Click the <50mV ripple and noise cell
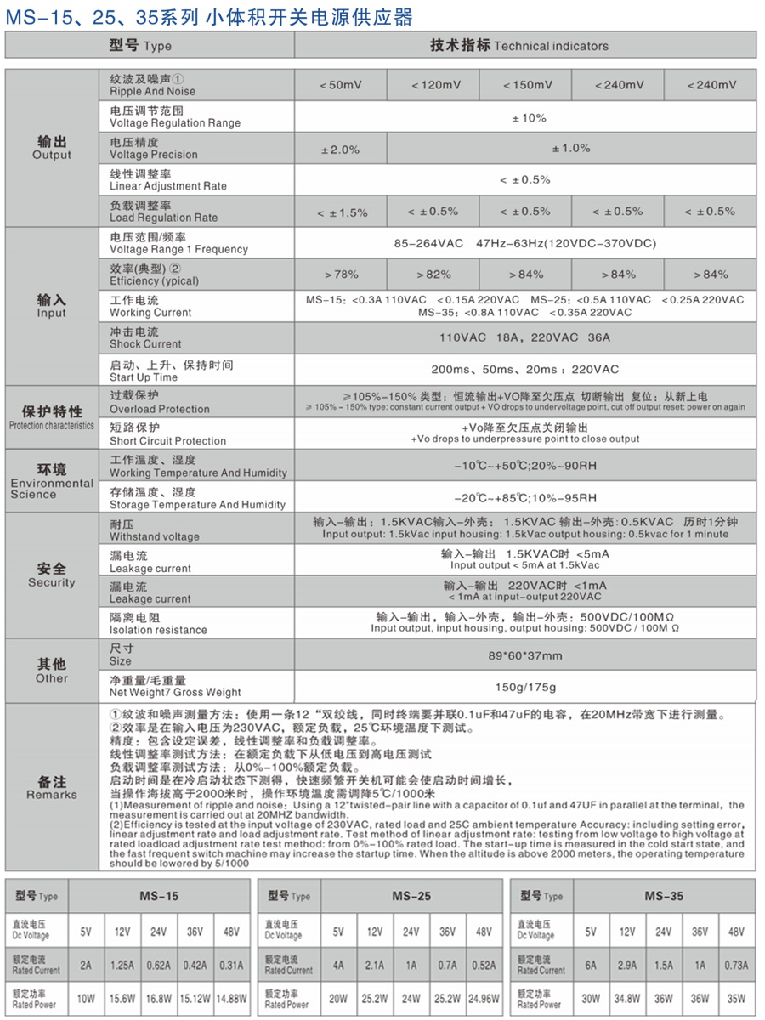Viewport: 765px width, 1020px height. (x=341, y=85)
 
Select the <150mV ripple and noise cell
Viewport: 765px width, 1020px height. (x=526, y=85)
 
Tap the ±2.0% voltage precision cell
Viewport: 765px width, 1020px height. (x=341, y=149)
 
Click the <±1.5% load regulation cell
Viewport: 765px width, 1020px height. (x=341, y=212)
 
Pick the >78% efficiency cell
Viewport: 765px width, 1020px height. (x=341, y=275)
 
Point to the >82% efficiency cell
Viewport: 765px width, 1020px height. (x=433, y=275)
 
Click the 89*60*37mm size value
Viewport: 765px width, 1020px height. (x=524, y=655)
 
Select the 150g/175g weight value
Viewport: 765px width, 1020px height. (x=524, y=687)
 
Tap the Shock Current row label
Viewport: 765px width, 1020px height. (x=145, y=337)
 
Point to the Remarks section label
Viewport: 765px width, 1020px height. (x=52, y=787)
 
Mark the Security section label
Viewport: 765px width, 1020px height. (x=52, y=575)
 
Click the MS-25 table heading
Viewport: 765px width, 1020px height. (x=411, y=896)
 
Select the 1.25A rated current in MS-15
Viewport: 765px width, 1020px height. (x=122, y=966)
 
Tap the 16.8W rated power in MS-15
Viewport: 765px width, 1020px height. (x=159, y=999)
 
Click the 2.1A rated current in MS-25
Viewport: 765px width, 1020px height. (x=375, y=966)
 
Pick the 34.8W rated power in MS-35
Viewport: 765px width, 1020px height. (x=627, y=999)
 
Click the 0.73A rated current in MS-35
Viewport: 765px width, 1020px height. (x=736, y=966)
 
